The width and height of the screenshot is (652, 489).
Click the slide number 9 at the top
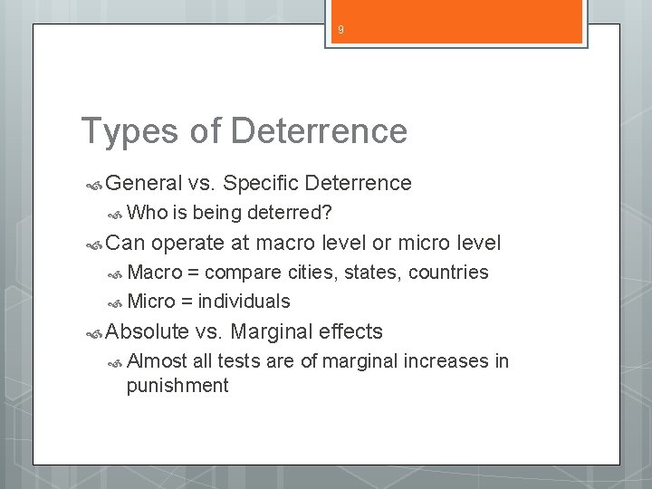pos(340,29)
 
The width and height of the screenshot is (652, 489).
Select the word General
pos(144,184)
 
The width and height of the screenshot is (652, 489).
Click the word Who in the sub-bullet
pos(147,213)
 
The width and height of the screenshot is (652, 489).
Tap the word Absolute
pos(148,331)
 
